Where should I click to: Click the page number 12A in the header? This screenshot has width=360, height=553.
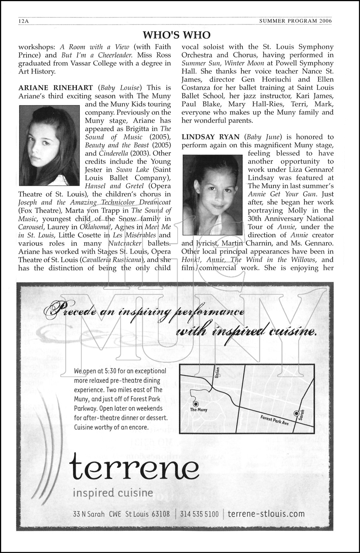(24, 21)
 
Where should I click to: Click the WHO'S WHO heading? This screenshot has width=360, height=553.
(176, 35)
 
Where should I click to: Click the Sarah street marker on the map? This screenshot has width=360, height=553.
(296, 413)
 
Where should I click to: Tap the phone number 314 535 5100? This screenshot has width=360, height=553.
(199, 514)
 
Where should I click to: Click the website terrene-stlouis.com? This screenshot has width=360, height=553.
(266, 514)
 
